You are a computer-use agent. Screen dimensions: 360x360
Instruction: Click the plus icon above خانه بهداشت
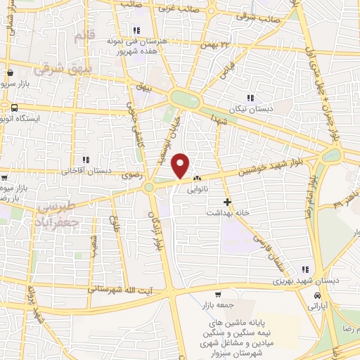click(x=227, y=202)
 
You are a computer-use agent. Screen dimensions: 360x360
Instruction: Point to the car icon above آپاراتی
click(x=319, y=296)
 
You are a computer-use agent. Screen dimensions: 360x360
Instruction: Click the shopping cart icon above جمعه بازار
click(x=218, y=294)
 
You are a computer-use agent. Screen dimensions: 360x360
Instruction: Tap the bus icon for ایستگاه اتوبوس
click(x=15, y=108)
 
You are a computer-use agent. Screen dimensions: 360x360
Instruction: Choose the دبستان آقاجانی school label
click(x=87, y=170)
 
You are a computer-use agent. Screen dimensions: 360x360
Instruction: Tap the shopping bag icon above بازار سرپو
click(x=10, y=72)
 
